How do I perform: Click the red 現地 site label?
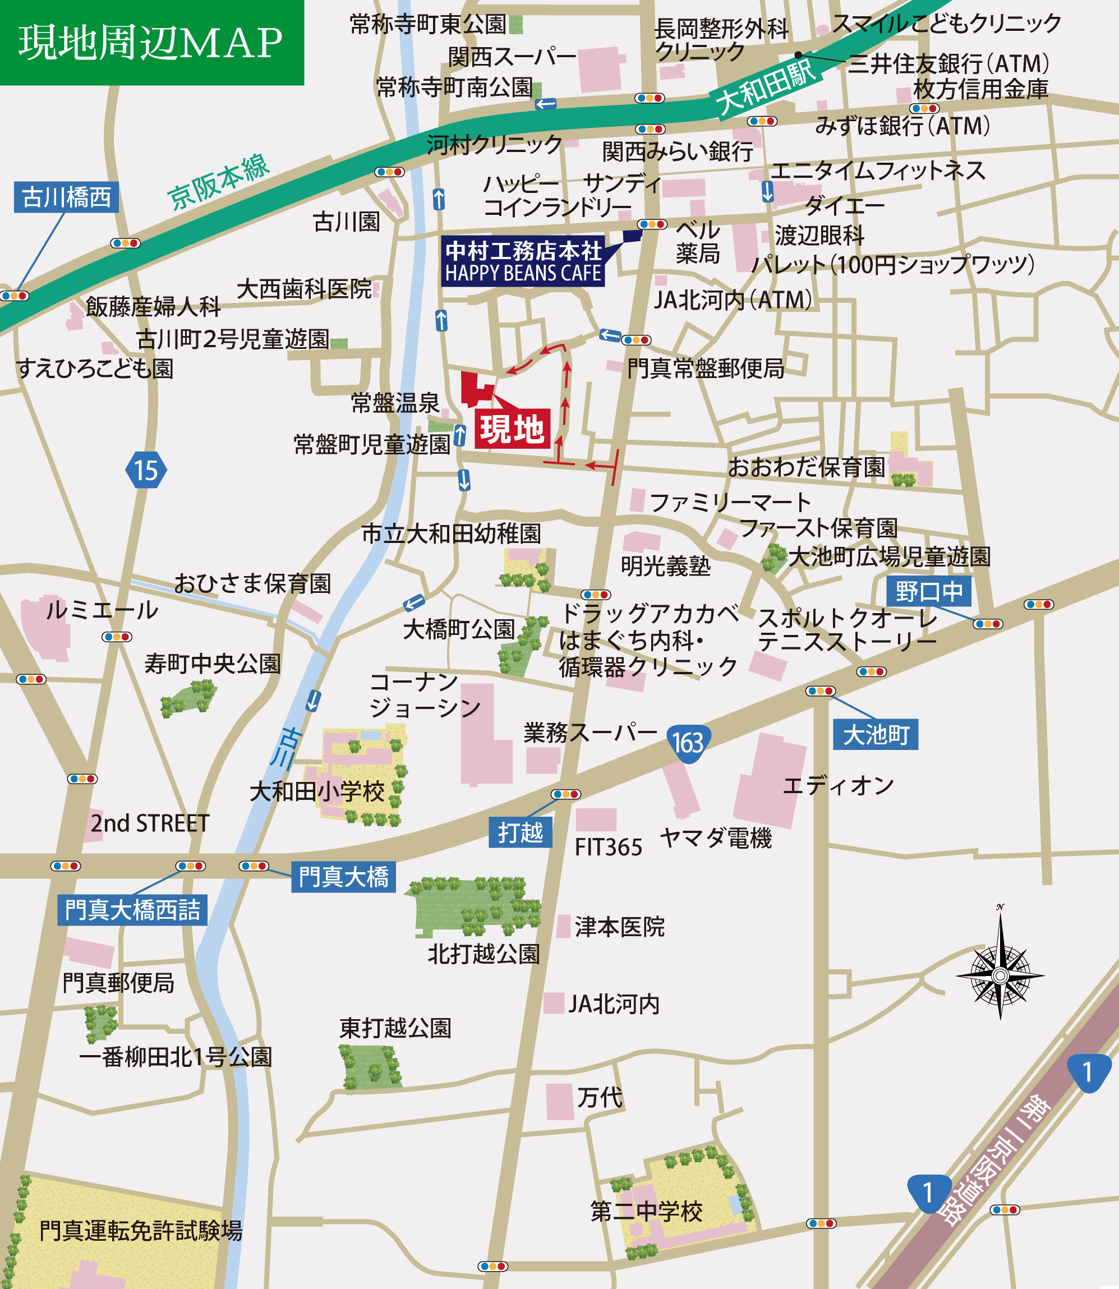pos(512,429)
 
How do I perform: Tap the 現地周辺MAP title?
pos(151,43)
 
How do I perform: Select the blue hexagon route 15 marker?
pos(146,470)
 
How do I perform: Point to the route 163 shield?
pos(687,743)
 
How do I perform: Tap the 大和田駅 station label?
pos(766,88)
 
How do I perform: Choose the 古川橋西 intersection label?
pos(66,197)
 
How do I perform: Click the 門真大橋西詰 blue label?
pos(132,910)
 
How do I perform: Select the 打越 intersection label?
pos(521,832)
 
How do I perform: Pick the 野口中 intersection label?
pos(928,591)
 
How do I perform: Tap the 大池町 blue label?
pos(876,734)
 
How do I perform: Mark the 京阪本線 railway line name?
pos(219,182)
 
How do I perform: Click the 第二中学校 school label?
pos(646,1211)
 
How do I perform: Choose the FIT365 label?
pos(608,848)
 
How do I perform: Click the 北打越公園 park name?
pos(483,954)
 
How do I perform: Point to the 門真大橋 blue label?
pos(343,877)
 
